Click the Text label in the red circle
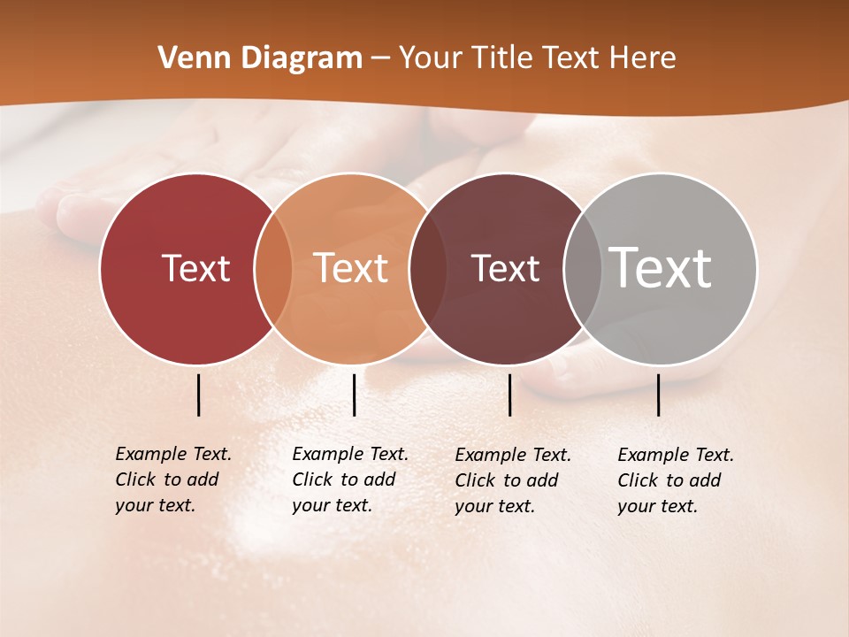[195, 269]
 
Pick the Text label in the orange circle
[351, 268]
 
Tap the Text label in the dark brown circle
[505, 269]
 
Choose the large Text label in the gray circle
[660, 268]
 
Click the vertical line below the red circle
[198, 395]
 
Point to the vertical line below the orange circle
[354, 395]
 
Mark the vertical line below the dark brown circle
[509, 395]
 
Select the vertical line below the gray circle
[658, 395]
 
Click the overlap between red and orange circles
[273, 269]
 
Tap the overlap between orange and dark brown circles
[428, 269]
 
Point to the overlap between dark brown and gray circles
[583, 269]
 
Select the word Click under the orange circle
[312, 480]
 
